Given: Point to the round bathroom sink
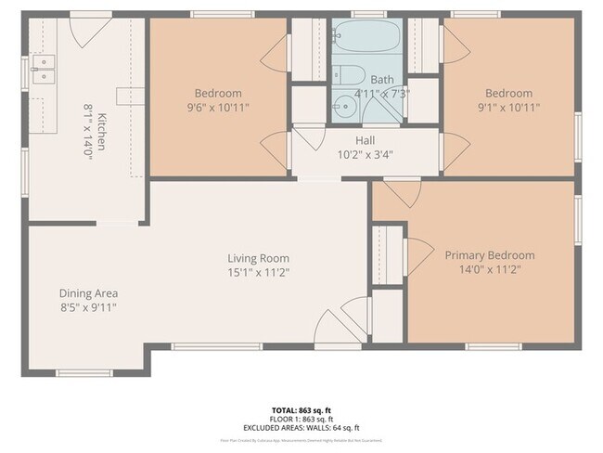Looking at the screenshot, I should click(x=342, y=103).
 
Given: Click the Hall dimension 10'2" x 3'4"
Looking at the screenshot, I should click(x=366, y=154).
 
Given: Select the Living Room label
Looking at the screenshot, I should click(x=259, y=258).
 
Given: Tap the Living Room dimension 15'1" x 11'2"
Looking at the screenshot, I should click(x=259, y=272).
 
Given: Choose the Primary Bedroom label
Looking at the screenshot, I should click(x=489, y=255).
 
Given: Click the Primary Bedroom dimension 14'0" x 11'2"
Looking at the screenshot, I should click(x=489, y=269).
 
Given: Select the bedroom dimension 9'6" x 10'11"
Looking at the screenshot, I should click(x=218, y=107).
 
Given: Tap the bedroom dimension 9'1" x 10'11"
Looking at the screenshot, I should click(x=509, y=107).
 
